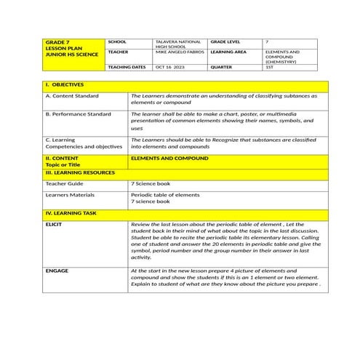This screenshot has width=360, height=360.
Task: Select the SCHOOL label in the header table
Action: tap(117, 42)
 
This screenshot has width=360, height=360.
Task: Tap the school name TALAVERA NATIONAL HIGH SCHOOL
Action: tap(173, 44)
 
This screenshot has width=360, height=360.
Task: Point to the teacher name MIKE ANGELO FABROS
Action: tap(178, 52)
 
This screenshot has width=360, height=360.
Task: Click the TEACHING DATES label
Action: tap(127, 67)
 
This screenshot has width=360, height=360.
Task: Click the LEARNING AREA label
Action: tap(231, 52)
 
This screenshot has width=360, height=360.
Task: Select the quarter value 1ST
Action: tap(270, 67)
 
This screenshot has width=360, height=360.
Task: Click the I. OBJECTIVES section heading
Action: tap(65, 85)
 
